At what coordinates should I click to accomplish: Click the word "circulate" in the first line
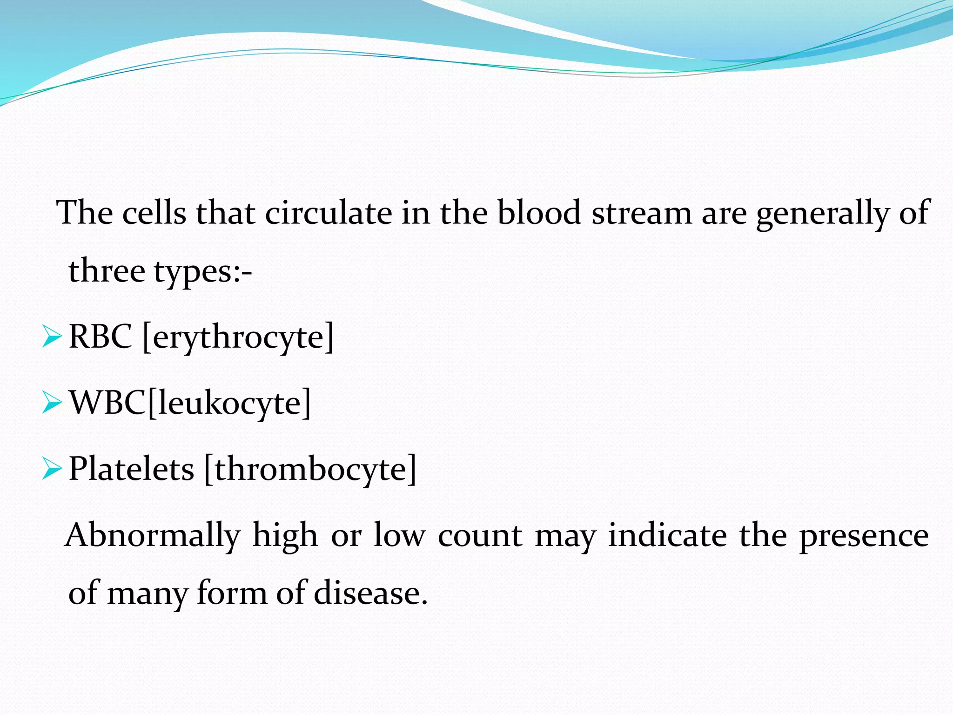tap(329, 213)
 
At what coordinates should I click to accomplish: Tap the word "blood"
tap(539, 213)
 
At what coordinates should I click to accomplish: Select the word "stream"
tap(642, 213)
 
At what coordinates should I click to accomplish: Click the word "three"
tap(107, 271)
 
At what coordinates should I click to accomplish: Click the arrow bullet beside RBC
tap(51, 337)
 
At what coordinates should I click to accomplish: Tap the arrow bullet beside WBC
tap(51, 403)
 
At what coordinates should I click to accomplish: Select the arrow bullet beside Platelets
tap(51, 469)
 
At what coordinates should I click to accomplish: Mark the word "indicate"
tap(668, 535)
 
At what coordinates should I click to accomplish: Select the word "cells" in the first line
tap(154, 213)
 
